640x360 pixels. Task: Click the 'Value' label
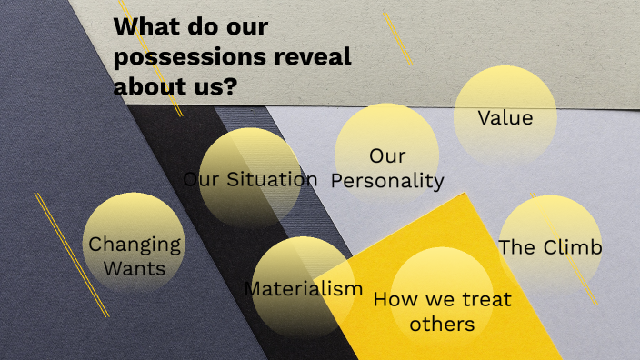[505, 117]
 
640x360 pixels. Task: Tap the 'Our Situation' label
[250, 179]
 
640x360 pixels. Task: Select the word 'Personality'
[387, 181]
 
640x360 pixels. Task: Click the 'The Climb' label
[550, 247]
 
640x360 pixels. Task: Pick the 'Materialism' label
[304, 289]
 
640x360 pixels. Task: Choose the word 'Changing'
[135, 245]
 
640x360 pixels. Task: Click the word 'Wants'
[135, 268]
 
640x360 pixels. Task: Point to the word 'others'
[442, 324]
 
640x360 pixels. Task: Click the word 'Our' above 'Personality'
[387, 155]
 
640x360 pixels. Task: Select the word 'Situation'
[272, 179]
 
